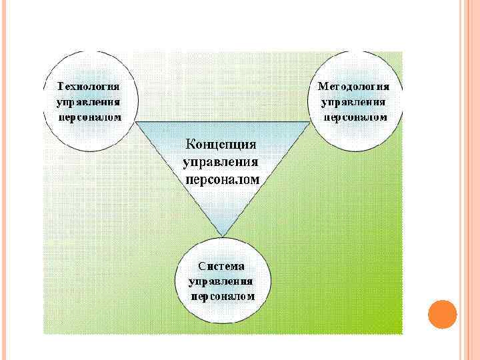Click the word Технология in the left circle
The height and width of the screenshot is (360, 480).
(x=89, y=87)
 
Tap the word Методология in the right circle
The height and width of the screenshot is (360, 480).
(x=354, y=87)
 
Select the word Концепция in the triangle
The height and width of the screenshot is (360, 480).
(x=221, y=145)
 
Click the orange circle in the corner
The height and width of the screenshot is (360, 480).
(x=441, y=313)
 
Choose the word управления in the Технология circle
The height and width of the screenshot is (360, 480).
(x=89, y=102)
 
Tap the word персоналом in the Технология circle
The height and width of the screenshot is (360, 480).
(x=90, y=117)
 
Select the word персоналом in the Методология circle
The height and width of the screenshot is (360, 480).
(x=355, y=117)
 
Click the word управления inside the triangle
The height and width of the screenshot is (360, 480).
(x=221, y=162)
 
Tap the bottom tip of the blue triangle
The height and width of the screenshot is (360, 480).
(x=221, y=235)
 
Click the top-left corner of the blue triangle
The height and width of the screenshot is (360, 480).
(x=136, y=122)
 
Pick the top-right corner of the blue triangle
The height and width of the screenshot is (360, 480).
(x=309, y=122)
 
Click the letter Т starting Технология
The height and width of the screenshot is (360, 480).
(x=61, y=87)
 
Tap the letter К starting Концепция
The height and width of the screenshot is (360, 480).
(x=189, y=145)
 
